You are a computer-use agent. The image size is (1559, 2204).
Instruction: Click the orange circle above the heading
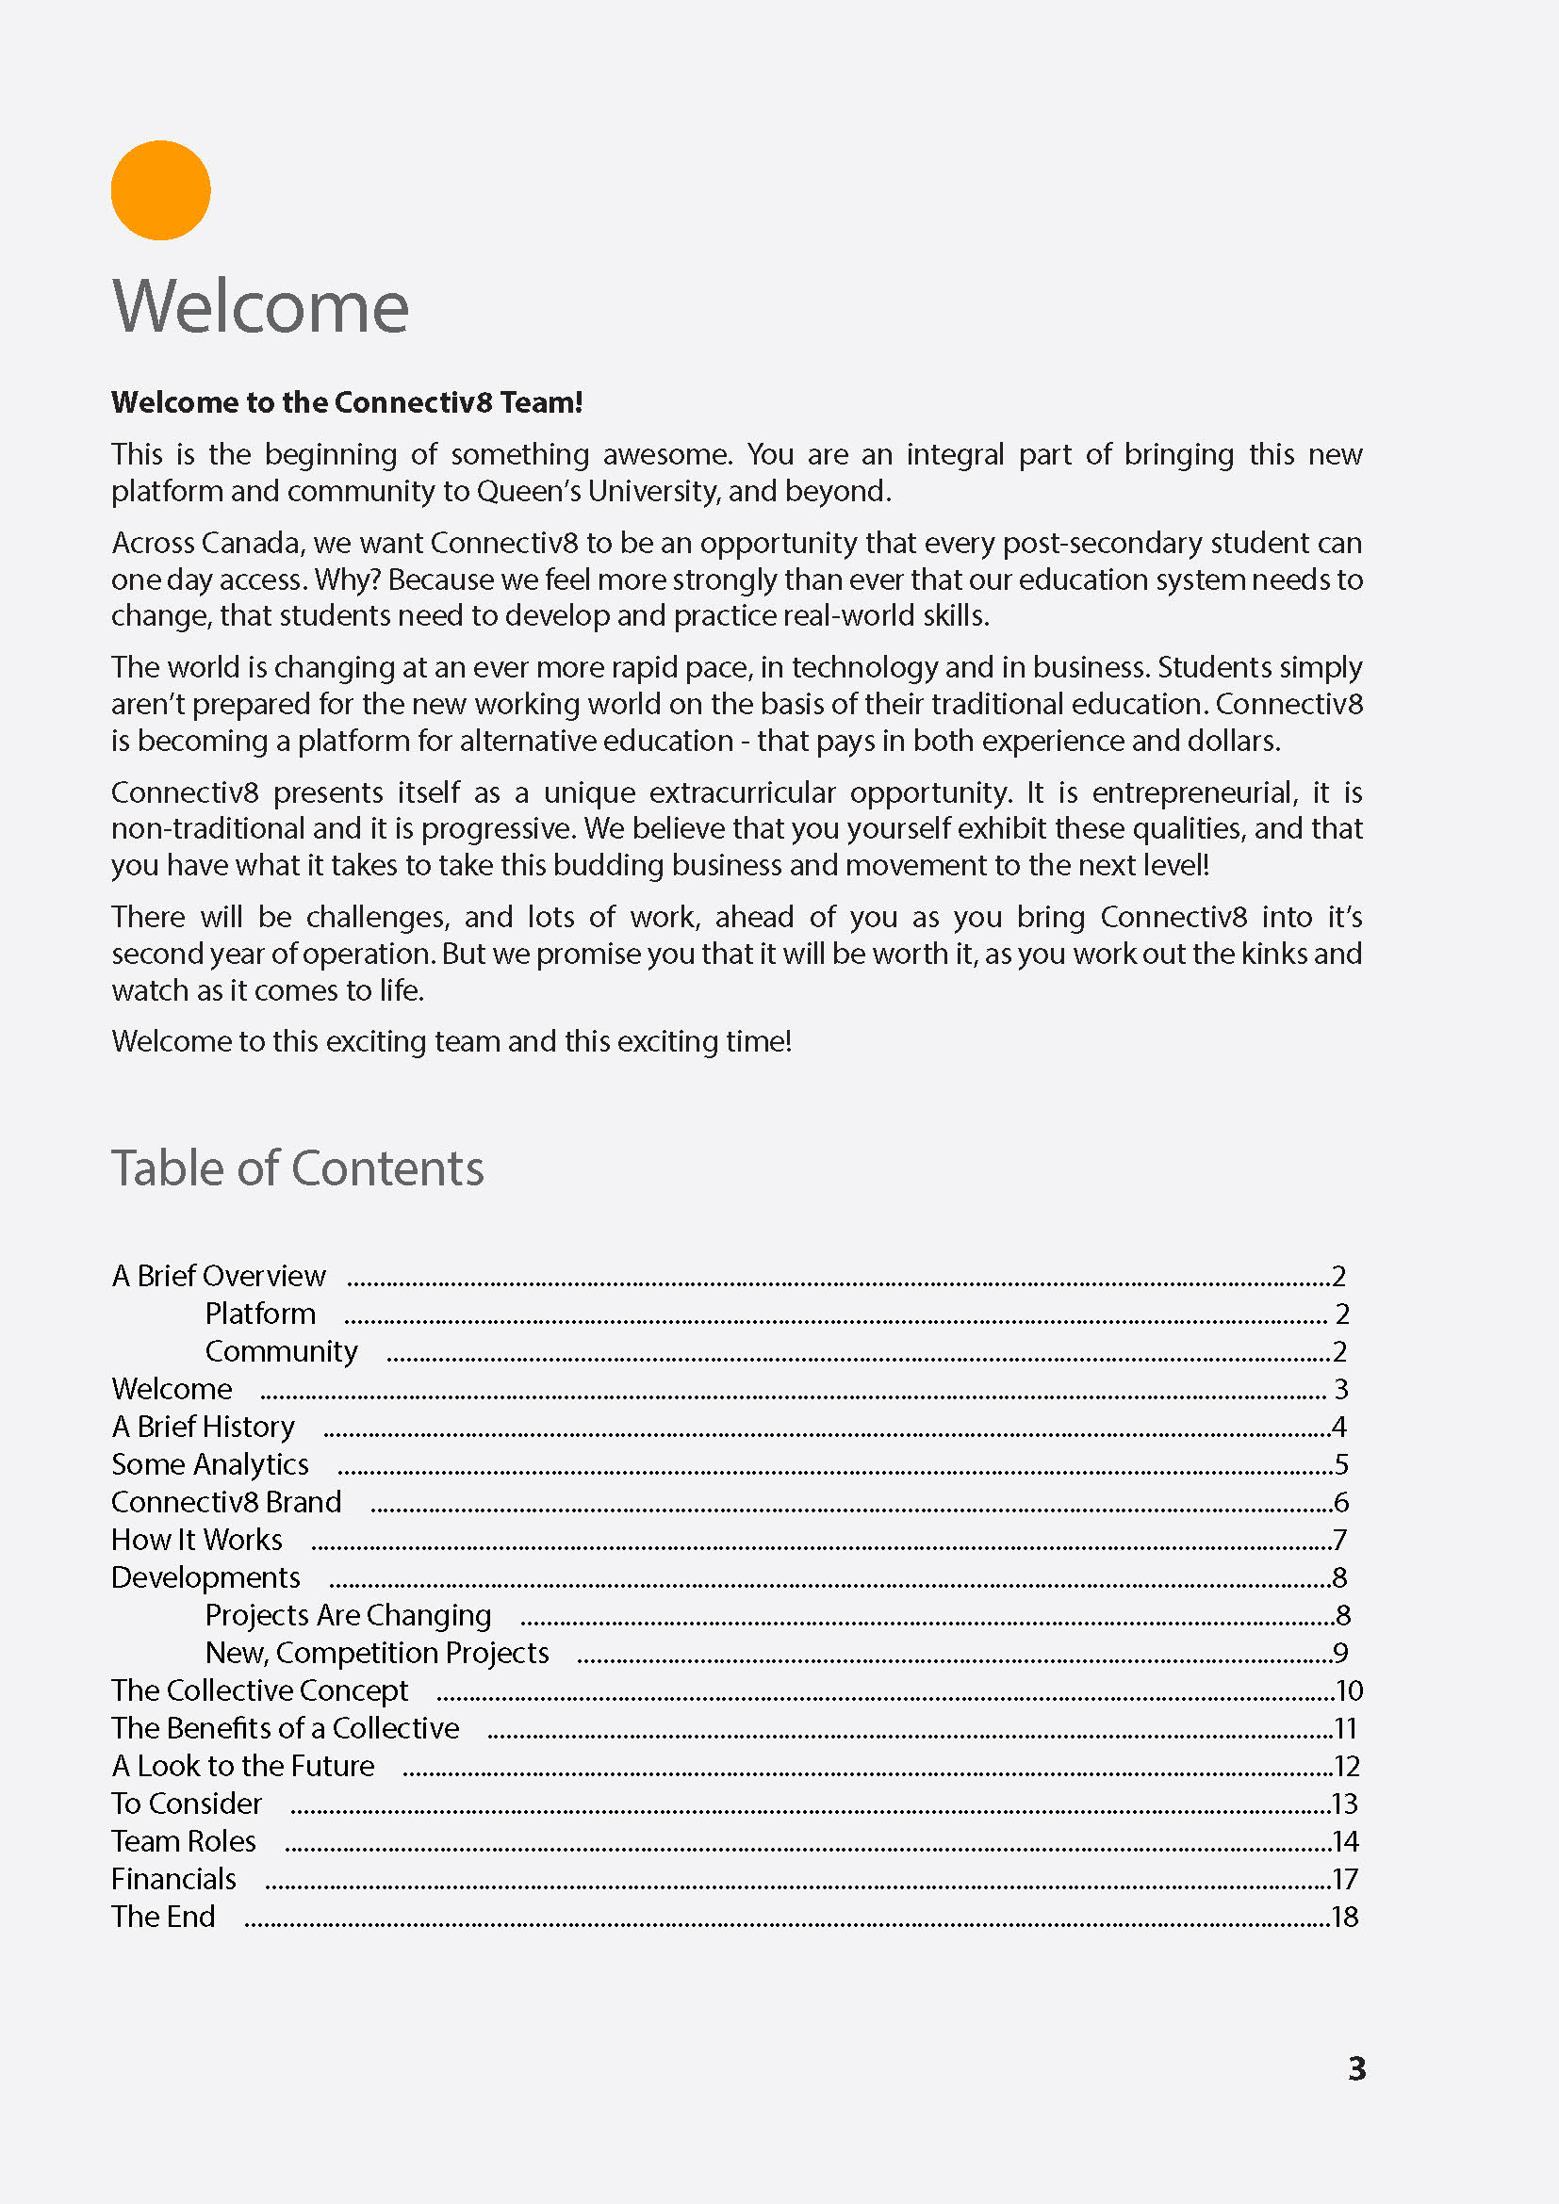(160, 190)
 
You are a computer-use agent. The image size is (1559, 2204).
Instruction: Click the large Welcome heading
(260, 306)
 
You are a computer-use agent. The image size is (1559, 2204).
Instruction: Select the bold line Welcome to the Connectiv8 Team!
(347, 402)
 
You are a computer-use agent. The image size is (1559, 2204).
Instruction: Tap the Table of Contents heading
(298, 1168)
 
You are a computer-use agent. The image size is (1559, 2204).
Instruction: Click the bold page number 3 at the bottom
(1356, 2067)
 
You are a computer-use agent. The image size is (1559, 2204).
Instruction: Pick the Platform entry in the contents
(260, 1314)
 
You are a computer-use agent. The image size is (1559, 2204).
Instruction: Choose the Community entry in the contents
(281, 1351)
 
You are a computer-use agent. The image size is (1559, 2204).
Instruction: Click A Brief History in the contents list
(204, 1427)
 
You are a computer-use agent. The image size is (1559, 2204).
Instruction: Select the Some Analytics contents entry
(210, 1465)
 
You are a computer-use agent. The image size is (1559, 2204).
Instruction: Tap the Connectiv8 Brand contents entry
(226, 1502)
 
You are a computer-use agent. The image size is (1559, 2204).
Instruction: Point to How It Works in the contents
(197, 1540)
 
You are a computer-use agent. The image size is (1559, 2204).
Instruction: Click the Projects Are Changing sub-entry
(348, 1616)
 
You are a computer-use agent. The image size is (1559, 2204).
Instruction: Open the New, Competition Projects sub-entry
(376, 1653)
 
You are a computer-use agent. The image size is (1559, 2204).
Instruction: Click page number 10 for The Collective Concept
(1349, 1690)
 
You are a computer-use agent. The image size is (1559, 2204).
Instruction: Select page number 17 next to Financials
(1345, 1879)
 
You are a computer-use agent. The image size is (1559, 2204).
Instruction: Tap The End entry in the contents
(163, 1917)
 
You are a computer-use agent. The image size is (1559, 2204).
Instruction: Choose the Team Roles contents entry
(185, 1841)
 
